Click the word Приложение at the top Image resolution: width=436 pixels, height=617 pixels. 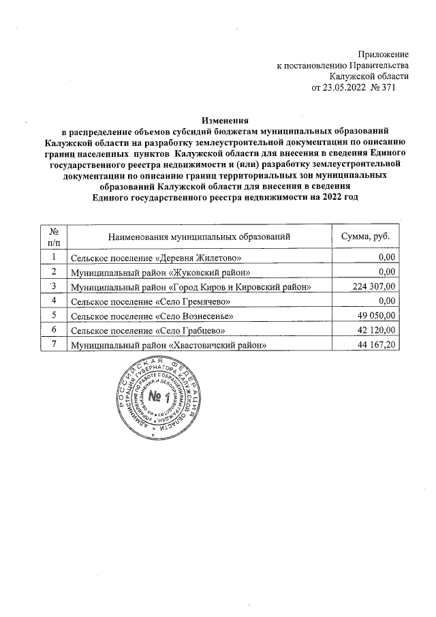(x=384, y=54)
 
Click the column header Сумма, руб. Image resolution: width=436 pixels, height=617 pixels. (x=365, y=236)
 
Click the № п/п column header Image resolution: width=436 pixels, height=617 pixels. (x=54, y=236)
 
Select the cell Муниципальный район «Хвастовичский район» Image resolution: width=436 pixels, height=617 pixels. (x=168, y=346)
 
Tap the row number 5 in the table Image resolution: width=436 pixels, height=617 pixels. (x=53, y=316)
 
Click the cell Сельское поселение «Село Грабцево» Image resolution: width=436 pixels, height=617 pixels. (x=149, y=331)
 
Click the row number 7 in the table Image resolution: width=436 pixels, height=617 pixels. (x=53, y=345)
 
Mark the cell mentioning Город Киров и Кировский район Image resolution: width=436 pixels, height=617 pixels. (x=191, y=287)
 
